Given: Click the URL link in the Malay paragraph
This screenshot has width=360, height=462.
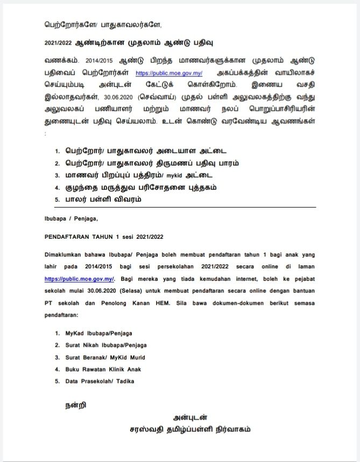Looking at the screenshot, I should click(x=79, y=279).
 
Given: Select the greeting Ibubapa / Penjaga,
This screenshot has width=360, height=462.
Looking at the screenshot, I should click(x=71, y=218).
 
